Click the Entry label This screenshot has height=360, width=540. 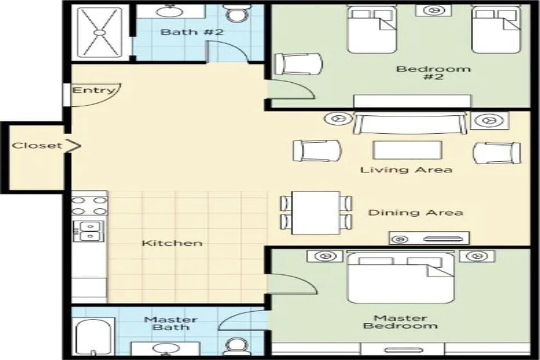tap(93, 90)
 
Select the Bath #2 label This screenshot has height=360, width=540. tap(192, 31)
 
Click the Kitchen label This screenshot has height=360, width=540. tap(172, 243)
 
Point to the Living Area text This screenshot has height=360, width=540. tap(406, 169)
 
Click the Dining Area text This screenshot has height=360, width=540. tap(415, 212)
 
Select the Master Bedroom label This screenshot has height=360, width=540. tap(400, 322)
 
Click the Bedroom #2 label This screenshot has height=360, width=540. tap(425, 73)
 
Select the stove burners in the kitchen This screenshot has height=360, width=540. tap(89, 205)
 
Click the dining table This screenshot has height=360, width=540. tap(316, 212)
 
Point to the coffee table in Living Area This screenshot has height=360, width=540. tap(407, 151)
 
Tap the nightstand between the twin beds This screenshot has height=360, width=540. tap(433, 10)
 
